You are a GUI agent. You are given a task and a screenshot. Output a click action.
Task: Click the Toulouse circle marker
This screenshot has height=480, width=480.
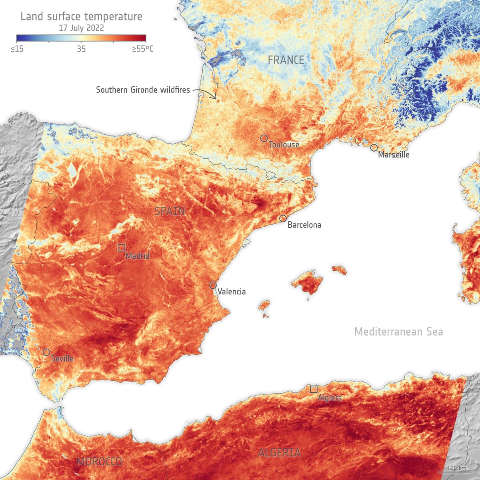[264, 138]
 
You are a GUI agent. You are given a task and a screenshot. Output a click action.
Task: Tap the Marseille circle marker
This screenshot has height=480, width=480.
[374, 148]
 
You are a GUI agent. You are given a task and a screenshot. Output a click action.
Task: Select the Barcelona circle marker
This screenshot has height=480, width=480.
[283, 218]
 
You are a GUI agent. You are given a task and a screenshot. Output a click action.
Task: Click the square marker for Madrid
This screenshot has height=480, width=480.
[121, 248]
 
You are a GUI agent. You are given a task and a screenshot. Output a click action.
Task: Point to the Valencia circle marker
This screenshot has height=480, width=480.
[213, 285]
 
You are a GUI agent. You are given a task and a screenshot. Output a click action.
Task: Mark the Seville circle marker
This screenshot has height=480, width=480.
[46, 352]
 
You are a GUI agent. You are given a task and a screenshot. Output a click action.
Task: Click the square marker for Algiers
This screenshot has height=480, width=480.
[314, 389]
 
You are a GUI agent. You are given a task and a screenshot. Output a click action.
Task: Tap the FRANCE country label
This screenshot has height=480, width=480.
[286, 60]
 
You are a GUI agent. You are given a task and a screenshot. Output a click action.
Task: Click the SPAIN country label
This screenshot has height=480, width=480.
[170, 211]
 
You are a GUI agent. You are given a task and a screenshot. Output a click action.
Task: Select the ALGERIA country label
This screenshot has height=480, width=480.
[279, 453]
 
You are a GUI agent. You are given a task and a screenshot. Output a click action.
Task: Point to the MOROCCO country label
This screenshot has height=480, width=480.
[99, 462]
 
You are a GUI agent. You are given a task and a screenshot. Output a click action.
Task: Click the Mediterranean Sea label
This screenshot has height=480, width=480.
[398, 332]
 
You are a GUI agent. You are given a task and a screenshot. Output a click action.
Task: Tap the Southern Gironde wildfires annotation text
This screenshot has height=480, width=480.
[143, 90]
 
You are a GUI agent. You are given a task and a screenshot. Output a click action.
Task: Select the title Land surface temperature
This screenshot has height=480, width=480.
[81, 17]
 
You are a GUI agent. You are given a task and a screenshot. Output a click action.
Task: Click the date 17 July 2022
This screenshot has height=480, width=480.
[81, 28]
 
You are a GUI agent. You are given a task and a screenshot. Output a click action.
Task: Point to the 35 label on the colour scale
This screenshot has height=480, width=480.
[81, 49]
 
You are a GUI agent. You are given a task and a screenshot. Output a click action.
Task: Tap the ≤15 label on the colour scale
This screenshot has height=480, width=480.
[17, 49]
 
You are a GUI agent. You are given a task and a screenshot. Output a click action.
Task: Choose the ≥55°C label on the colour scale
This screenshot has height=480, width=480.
[143, 49]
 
